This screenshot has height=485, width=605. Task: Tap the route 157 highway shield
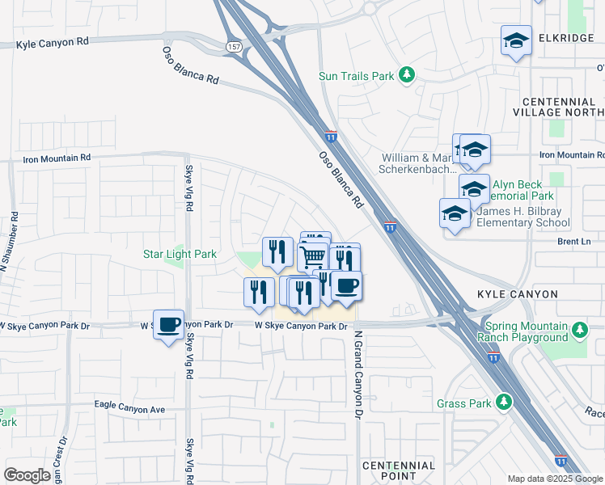click(233, 48)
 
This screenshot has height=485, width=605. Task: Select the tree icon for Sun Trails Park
click(408, 76)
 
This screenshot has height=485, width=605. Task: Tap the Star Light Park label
click(180, 254)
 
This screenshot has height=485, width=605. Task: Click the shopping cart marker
click(313, 257)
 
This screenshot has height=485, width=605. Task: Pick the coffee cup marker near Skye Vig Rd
click(168, 325)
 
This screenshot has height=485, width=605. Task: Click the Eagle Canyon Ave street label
click(129, 410)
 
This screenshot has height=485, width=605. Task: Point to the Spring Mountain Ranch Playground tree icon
click(579, 330)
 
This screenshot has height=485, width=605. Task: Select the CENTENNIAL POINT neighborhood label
click(399, 471)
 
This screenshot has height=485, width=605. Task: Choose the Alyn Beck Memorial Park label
click(517, 190)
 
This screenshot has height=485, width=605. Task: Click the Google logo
click(27, 475)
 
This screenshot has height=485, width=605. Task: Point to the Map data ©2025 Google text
click(554, 479)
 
